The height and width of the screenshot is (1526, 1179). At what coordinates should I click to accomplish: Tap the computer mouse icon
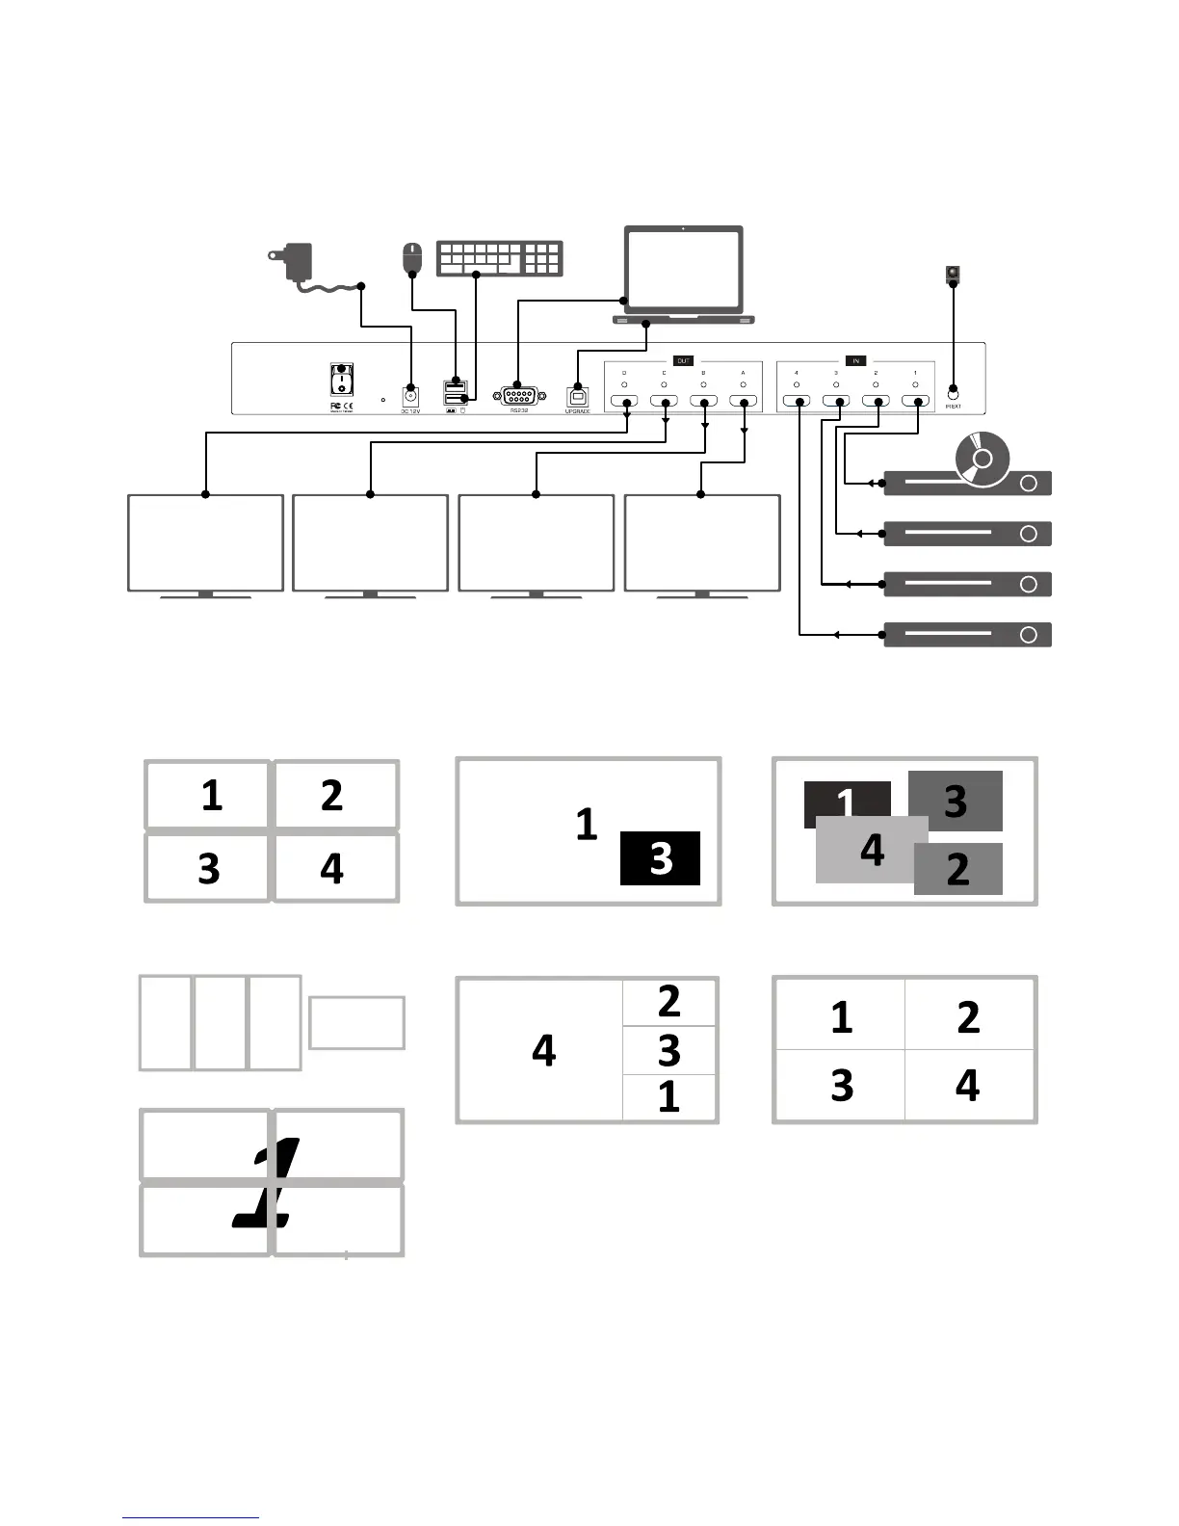[412, 257]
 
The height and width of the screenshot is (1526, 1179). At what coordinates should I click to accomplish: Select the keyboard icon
[499, 258]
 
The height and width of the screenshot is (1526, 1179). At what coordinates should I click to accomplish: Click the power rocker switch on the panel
[341, 380]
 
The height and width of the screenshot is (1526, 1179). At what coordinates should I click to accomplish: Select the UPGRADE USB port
[577, 396]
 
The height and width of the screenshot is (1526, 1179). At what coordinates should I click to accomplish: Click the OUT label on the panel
[683, 361]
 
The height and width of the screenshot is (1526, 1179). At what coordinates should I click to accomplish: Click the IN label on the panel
[855, 361]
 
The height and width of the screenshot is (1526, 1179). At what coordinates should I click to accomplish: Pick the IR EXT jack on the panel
[953, 392]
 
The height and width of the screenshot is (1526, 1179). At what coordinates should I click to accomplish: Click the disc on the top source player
[982, 458]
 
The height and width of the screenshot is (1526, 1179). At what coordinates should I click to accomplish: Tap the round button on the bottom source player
[1028, 635]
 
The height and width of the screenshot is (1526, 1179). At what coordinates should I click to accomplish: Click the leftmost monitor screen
[205, 542]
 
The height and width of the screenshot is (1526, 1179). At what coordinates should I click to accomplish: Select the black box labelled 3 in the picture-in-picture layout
[660, 857]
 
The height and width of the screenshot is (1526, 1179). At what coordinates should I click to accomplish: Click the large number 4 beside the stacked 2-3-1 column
[543, 1050]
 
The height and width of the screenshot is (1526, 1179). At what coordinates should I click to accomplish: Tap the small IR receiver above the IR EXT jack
[953, 275]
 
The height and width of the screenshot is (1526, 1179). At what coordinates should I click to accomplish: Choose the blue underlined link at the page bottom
[191, 1517]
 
